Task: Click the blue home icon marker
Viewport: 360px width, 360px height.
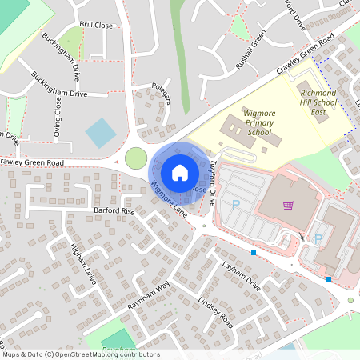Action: [x=180, y=172]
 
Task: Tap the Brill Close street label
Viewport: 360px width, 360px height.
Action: [x=97, y=26]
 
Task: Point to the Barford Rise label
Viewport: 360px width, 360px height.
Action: [x=114, y=210]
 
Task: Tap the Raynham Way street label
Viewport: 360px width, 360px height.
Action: [x=149, y=295]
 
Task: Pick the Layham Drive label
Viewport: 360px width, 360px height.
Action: [x=242, y=276]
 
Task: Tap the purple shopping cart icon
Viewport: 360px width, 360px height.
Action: [x=288, y=206]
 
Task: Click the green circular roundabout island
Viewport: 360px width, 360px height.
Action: [x=136, y=157]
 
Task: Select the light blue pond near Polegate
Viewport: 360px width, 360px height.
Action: [x=101, y=132]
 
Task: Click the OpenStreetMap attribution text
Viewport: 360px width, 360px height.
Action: [x=81, y=354]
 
